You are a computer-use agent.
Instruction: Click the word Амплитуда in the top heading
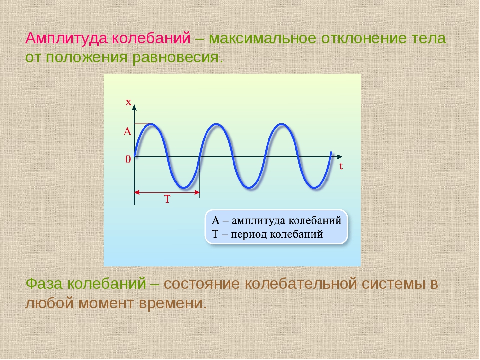coord(66,39)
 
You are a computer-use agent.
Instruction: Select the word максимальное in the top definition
coord(262,39)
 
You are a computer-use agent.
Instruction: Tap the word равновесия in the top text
coord(176,58)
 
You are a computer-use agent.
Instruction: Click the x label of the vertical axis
coord(129,102)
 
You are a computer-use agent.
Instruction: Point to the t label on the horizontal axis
coord(341,166)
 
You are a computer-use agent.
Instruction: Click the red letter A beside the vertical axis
coord(127,131)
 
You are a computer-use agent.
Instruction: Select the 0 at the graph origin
coord(128,159)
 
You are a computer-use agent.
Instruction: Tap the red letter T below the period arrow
coord(167,199)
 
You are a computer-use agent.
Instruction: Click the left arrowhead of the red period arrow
coord(137,192)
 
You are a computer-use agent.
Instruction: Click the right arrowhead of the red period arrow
coord(197,192)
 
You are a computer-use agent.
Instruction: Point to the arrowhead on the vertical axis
coord(134,107)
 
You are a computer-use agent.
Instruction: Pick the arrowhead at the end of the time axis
coord(340,157)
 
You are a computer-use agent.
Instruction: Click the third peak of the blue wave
coord(282,124)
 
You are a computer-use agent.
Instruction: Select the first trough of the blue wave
coord(183,187)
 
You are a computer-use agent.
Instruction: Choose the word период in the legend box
coord(249,235)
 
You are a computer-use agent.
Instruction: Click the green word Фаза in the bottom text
coord(45,284)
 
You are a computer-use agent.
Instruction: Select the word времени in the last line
coord(173,303)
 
